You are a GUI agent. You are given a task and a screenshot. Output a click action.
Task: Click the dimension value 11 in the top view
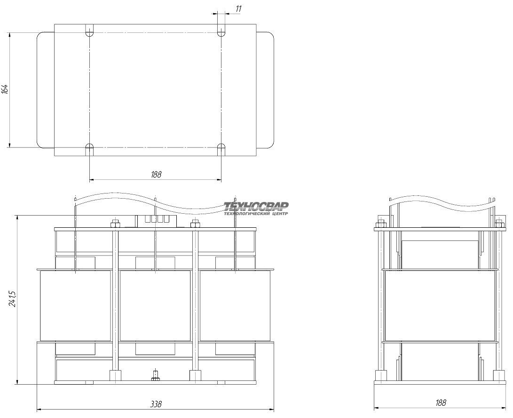[238, 9]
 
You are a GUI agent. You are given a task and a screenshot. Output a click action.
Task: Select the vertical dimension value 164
[5, 89]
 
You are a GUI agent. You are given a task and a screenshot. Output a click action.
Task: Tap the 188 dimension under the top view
[156, 175]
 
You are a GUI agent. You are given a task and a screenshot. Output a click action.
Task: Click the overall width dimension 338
[156, 404]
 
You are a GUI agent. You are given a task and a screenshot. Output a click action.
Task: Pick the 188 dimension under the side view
[441, 403]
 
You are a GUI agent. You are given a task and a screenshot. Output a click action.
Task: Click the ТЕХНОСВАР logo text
[256, 206]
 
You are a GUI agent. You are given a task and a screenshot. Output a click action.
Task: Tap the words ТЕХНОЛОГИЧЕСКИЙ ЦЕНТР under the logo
[256, 214]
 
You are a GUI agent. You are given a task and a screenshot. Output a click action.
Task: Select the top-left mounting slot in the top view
[89, 30]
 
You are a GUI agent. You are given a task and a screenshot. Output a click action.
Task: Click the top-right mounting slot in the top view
[221, 30]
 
